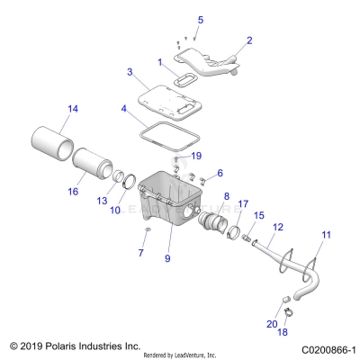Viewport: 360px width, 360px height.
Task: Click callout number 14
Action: (x=48, y=109)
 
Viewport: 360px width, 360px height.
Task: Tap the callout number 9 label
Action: (x=166, y=259)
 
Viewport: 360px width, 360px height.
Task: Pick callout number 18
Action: (x=284, y=332)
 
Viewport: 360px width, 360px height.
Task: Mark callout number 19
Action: (x=196, y=156)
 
